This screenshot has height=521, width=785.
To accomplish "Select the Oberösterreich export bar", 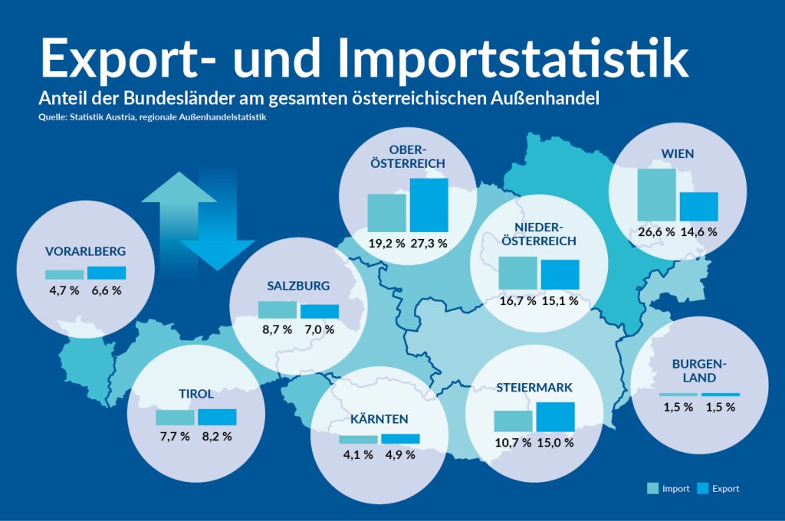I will click(x=429, y=205).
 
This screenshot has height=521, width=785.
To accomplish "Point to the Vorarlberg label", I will click(x=85, y=251).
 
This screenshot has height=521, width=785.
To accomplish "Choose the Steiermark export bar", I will click(x=555, y=417).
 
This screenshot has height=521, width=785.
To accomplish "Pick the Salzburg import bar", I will click(x=277, y=310).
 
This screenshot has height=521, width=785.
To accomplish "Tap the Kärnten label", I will click(x=379, y=419).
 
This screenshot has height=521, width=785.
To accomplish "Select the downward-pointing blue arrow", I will click(x=218, y=230).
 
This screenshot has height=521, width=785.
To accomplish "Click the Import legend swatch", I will click(x=652, y=488).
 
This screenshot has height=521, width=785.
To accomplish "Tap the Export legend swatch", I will click(x=703, y=488).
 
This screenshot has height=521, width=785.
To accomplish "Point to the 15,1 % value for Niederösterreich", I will click(x=560, y=301).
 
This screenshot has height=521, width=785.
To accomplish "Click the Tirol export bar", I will click(x=217, y=417).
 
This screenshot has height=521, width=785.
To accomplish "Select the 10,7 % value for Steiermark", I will click(x=513, y=443).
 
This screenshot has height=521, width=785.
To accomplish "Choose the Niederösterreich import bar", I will click(x=518, y=271).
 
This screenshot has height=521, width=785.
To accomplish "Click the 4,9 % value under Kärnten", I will click(x=400, y=454).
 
